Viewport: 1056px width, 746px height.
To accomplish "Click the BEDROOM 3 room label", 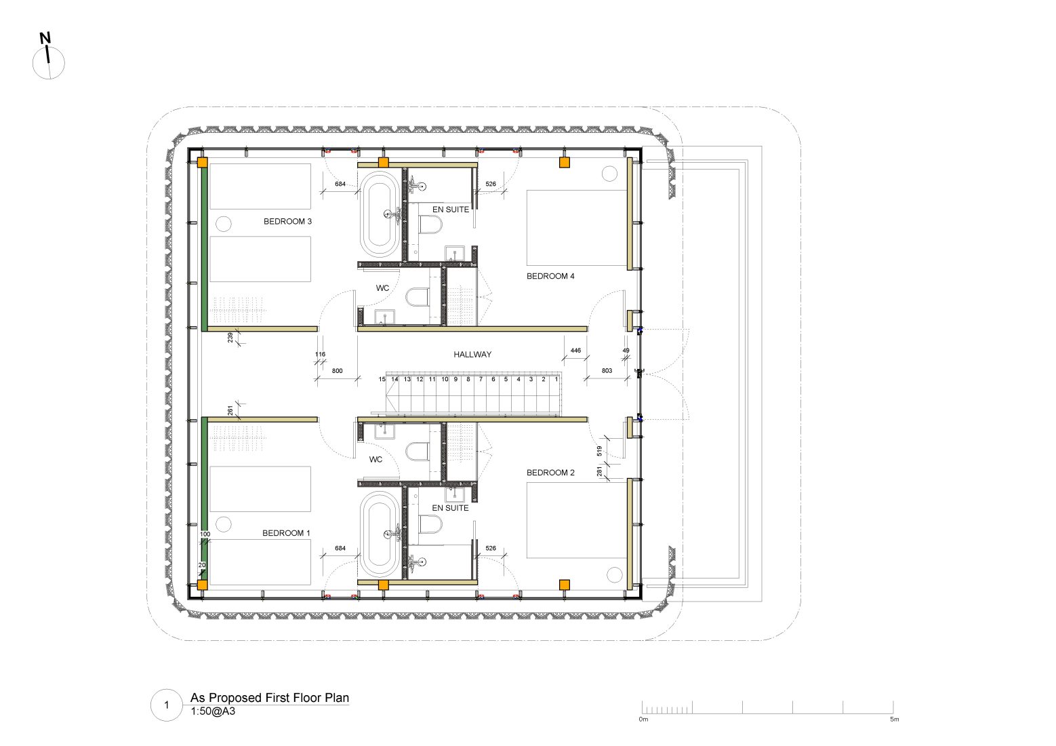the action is coord(287,221).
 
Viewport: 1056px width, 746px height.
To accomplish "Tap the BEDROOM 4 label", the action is coord(550,276).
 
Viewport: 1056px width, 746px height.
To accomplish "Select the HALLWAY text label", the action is coord(472,354).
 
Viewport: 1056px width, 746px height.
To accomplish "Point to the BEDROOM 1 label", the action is coord(286,533).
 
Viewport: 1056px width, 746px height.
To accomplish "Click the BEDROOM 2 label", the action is coord(550,472).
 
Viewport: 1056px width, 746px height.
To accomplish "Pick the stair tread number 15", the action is coord(382,379).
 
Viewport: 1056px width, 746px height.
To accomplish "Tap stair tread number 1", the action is coord(556,379).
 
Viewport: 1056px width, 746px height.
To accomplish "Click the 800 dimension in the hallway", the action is coord(337,371).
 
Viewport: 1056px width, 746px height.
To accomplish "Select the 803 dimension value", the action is coord(607,371).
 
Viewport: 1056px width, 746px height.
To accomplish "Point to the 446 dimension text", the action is coord(575,351).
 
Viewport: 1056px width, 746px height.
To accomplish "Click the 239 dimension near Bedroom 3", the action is coord(230,338).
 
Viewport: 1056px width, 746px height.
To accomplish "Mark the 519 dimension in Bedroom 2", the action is coord(599,451).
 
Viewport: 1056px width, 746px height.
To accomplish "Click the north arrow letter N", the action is coord(45,38).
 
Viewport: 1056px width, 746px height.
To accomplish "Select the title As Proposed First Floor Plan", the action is coord(270,697).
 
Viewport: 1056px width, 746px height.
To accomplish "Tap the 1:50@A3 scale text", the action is coord(213,711).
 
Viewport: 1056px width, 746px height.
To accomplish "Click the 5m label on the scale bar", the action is coord(894,719).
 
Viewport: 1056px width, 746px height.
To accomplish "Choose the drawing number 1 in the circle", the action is coord(167,705).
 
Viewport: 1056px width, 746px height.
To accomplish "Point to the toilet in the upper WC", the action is coord(418,297).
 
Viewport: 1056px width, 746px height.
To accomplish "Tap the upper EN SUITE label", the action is coord(451,210).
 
